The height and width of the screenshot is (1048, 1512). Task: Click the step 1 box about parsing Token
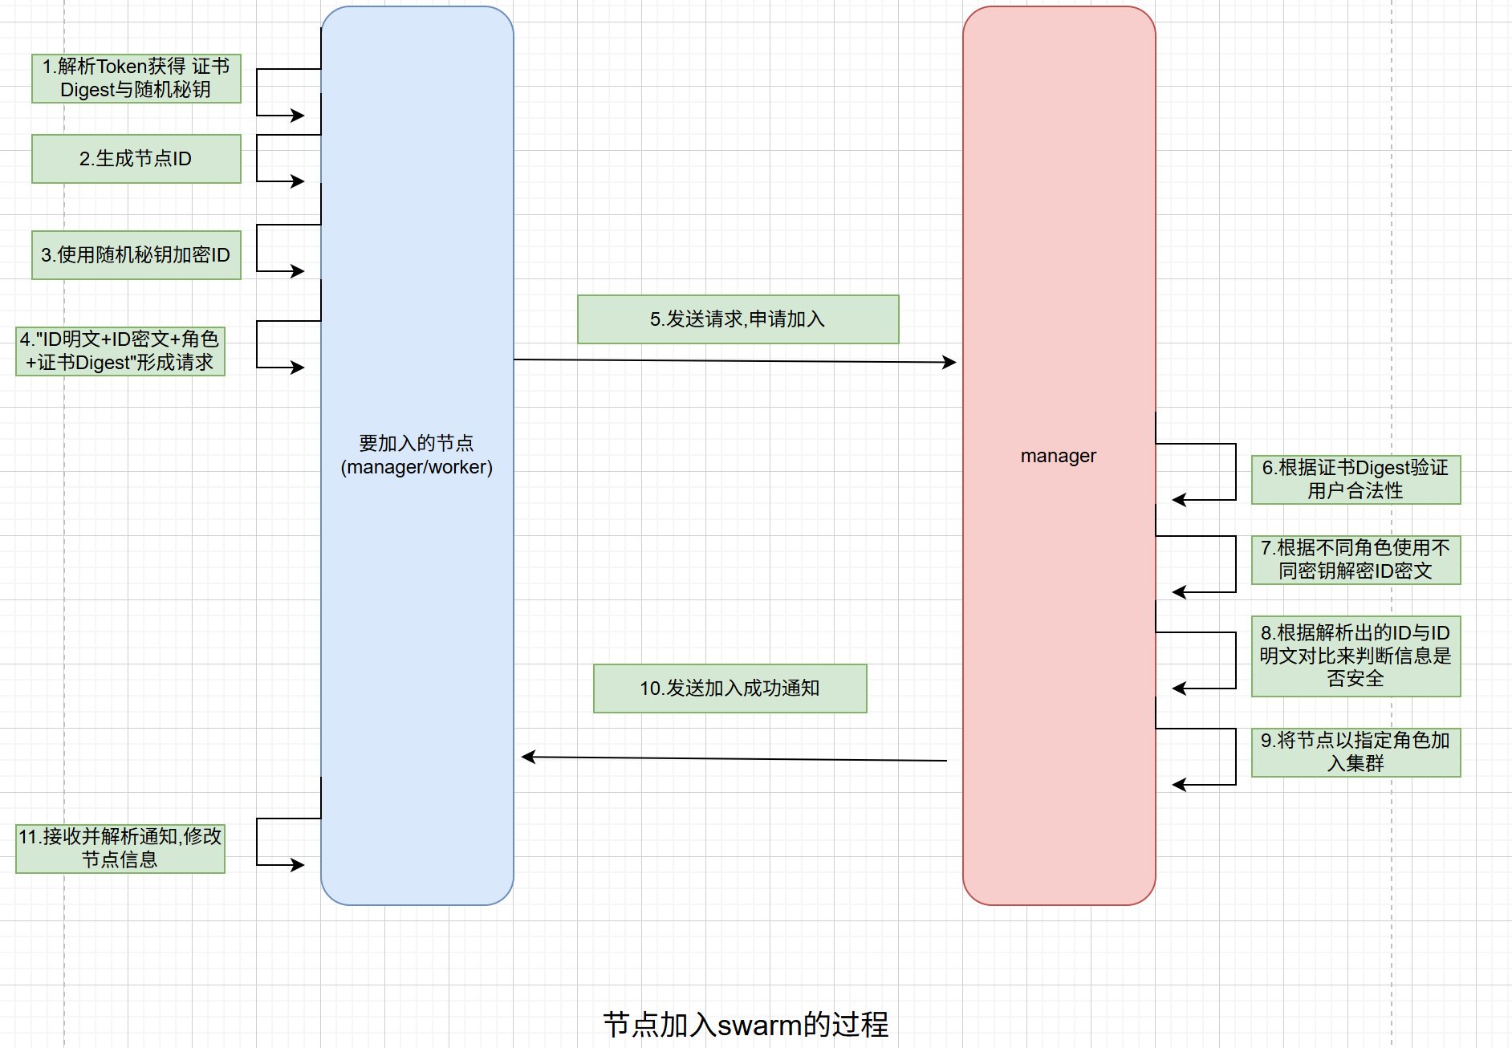136,79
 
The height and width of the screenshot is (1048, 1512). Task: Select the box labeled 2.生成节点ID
136,159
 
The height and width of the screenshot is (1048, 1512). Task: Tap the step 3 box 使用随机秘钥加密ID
136,255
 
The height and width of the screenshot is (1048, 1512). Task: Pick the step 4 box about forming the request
120,351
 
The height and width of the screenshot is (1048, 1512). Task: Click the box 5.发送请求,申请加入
738,319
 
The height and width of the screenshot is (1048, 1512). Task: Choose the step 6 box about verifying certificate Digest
1356,480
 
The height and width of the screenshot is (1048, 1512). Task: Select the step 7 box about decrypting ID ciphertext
1356,560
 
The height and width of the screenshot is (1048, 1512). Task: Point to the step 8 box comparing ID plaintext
1356,656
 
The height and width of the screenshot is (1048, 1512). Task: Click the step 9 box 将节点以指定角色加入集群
1356,753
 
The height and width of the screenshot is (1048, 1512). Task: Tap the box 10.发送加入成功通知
730,689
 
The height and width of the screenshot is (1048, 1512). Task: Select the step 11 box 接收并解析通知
120,849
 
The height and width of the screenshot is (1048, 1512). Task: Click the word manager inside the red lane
1059,456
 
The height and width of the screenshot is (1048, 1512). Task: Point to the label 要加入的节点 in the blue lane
417,443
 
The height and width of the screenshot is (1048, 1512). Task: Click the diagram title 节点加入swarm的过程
746,1025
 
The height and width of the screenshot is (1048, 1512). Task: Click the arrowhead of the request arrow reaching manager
950,362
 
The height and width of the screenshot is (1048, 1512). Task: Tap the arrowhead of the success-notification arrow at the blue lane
528,757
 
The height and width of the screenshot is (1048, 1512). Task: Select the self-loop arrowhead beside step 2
299,181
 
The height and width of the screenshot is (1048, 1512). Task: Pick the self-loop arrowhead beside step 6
1178,500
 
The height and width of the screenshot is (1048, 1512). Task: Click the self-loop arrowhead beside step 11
299,865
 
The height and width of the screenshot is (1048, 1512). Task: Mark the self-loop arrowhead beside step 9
1178,785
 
